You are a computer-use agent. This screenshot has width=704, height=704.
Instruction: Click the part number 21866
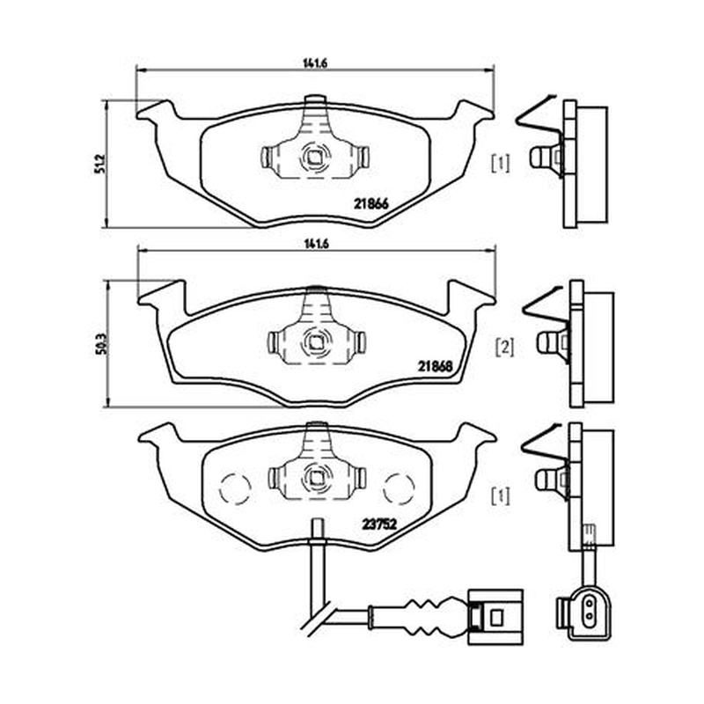tap(370, 204)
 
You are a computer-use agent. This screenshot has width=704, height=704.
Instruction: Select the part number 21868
tap(435, 366)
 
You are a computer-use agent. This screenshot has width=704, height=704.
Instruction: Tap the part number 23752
tap(379, 524)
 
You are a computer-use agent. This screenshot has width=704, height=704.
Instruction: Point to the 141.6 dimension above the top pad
tap(315, 63)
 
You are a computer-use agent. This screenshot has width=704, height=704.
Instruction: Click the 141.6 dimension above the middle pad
tap(317, 245)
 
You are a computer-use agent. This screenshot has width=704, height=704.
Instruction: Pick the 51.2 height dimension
tap(99, 164)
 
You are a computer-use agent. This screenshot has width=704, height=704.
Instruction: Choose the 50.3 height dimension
tap(101, 344)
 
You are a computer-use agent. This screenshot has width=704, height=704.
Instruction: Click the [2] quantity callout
tap(504, 348)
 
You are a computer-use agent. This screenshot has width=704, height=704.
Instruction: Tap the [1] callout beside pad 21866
tap(501, 164)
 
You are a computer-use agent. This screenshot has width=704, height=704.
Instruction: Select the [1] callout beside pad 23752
tap(501, 496)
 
